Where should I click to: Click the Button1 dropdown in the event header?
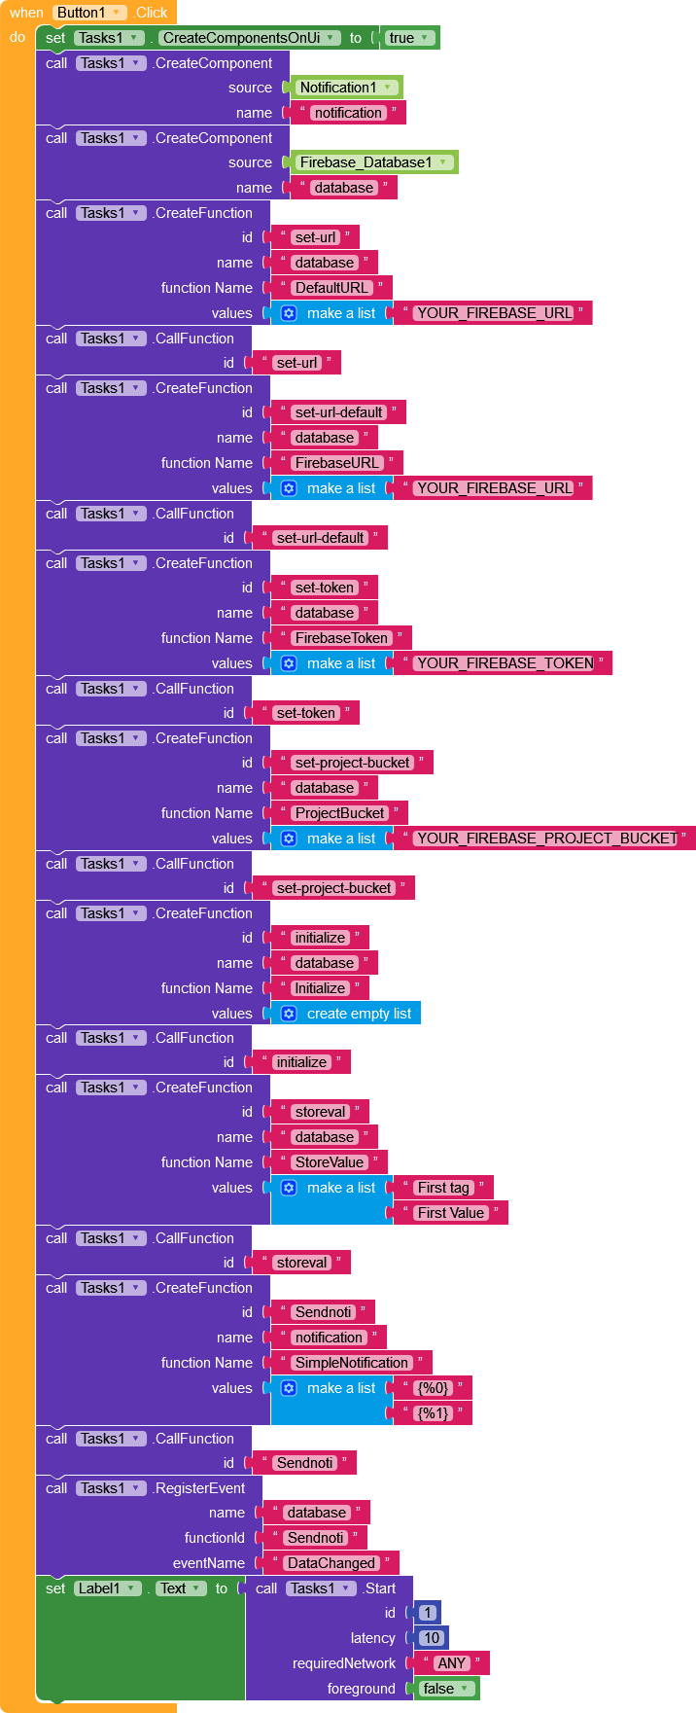[89, 13]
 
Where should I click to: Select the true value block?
[408, 38]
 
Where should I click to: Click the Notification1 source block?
[346, 88]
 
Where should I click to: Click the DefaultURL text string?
[331, 288]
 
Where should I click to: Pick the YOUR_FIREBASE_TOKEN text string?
[505, 663]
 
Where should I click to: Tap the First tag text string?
[443, 1188]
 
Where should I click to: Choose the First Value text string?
[450, 1213]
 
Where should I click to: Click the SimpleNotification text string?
[351, 1363]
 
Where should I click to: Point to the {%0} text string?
[433, 1388]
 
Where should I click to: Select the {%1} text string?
[433, 1413]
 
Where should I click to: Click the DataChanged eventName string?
[331, 1563]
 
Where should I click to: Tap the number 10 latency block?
[432, 1638]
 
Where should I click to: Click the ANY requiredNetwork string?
[451, 1663]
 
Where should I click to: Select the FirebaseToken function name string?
[341, 638]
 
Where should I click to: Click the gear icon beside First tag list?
[289, 1188]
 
